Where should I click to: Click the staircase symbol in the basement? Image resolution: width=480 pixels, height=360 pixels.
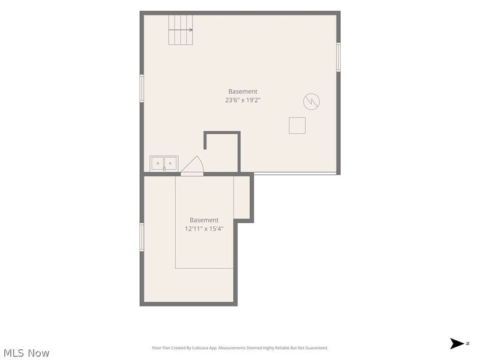point(181,30)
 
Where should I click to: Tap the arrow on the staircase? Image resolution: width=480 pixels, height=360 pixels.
point(181,29)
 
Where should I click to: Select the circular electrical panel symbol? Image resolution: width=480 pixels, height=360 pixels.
point(311,101)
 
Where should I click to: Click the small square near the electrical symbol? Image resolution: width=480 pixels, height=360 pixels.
point(297,125)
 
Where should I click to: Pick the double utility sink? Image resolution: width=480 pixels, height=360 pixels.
point(164,163)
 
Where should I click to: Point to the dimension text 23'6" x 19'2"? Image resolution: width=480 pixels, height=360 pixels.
point(243,100)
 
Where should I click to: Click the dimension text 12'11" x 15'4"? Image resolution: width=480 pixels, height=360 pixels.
point(204,229)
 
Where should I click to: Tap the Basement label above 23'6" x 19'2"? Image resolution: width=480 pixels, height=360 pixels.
point(243,91)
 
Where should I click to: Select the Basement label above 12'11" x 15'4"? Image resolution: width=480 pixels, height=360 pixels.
point(204,220)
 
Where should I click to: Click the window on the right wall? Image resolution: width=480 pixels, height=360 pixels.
point(338,57)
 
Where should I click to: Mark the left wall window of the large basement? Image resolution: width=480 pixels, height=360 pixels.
point(142,88)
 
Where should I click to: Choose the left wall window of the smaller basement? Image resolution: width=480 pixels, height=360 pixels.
point(142,237)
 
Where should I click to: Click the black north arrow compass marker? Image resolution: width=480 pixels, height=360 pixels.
point(457,343)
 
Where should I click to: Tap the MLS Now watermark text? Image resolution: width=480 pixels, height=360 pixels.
point(26,353)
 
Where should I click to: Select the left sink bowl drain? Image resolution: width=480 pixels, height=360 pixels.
point(158,163)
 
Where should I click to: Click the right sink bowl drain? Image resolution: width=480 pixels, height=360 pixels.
point(170,163)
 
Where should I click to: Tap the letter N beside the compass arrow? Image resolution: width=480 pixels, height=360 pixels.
point(468,343)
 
